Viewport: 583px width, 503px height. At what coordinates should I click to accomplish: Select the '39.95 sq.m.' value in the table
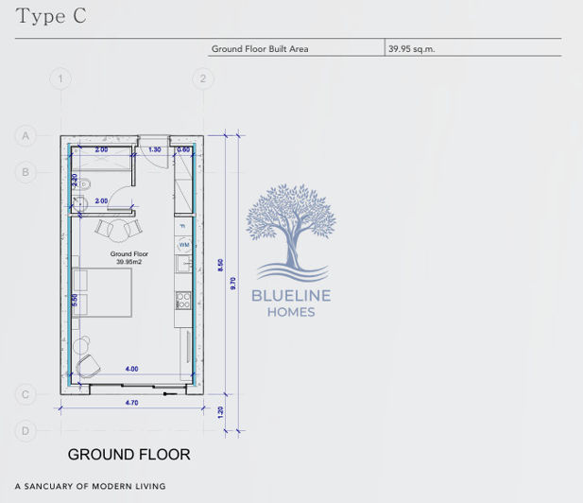[x=411, y=48]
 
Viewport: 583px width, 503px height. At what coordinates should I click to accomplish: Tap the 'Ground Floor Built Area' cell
[x=260, y=48]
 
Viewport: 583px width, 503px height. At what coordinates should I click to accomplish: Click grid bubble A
[x=26, y=136]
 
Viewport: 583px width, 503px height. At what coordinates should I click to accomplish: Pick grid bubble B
[x=26, y=171]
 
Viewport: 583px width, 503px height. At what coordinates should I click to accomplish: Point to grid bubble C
[x=26, y=394]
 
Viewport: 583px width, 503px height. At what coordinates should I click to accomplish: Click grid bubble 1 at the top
[x=61, y=78]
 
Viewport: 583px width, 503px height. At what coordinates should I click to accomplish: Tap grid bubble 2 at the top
[x=201, y=78]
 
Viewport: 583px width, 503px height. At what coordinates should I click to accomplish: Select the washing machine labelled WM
[x=184, y=245]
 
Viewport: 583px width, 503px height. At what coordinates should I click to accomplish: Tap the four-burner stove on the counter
[x=184, y=302]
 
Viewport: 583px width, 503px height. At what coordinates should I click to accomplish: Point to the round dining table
[x=119, y=228]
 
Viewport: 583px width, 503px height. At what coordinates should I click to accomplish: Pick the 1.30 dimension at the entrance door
[x=155, y=149]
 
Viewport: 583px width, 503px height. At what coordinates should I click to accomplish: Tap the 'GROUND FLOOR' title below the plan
[x=129, y=455]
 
